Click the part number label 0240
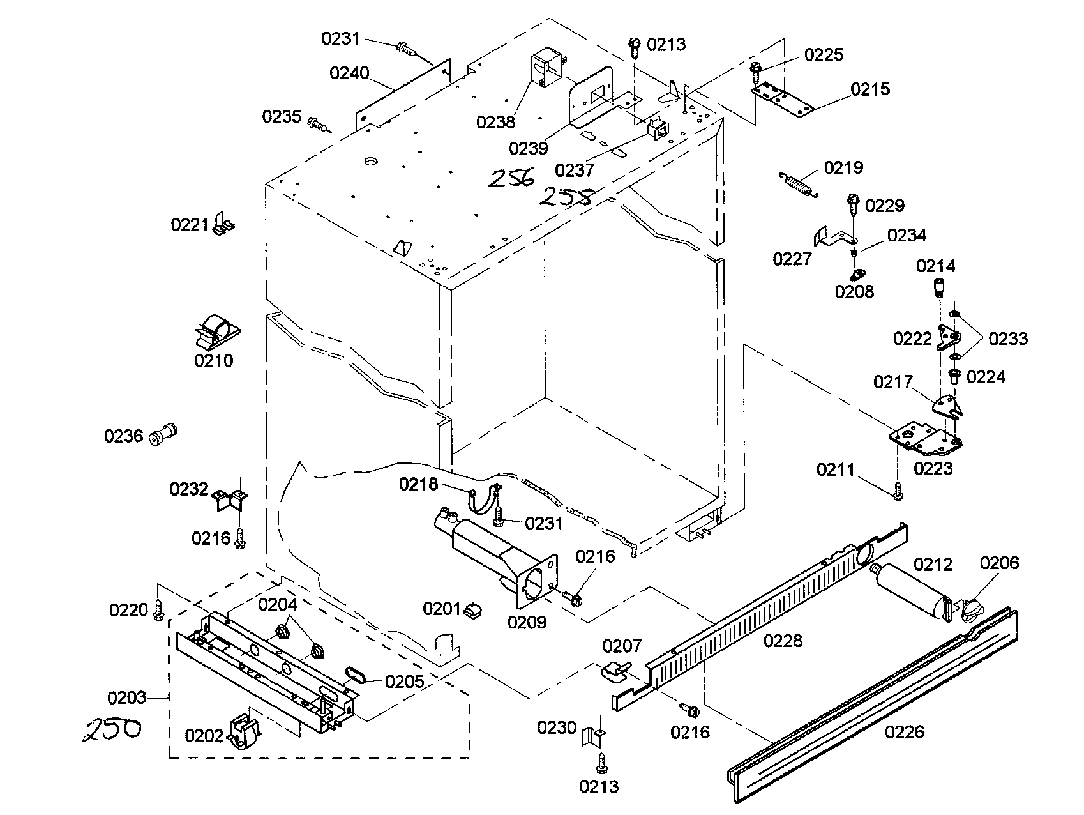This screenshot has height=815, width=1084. click(x=349, y=73)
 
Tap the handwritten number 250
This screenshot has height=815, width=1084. click(x=112, y=729)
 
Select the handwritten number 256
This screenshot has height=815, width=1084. click(x=511, y=178)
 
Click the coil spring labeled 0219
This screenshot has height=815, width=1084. click(x=797, y=184)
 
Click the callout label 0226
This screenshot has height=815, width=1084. click(x=904, y=732)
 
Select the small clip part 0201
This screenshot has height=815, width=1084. click(x=472, y=611)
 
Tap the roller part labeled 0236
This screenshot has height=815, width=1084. click(x=162, y=434)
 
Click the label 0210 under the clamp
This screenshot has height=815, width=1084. click(x=214, y=361)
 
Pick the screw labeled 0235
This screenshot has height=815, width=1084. click(x=317, y=123)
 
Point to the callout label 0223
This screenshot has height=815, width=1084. click(x=933, y=469)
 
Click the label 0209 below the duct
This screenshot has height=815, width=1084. click(x=527, y=622)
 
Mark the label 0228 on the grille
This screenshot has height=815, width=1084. click(x=783, y=641)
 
